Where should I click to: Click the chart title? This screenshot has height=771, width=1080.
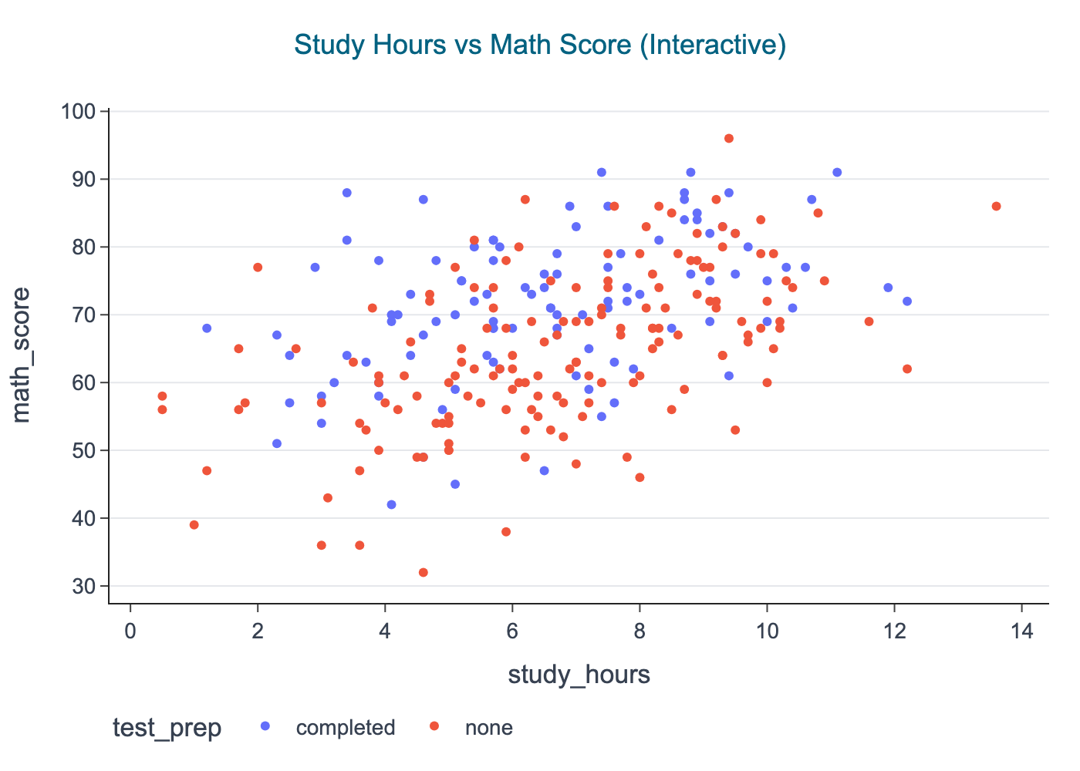[540, 45]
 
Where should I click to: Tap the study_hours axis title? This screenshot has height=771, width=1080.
[579, 675]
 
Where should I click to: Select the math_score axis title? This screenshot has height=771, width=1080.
[22, 355]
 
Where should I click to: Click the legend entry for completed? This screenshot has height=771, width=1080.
[346, 727]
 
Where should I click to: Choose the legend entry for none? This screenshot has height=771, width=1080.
[489, 727]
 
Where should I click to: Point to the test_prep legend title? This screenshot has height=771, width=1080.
[167, 727]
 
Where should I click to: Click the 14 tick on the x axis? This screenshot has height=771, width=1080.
[1021, 630]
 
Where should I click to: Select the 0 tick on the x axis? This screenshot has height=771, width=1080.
[130, 630]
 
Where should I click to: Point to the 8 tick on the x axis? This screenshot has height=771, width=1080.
[640, 630]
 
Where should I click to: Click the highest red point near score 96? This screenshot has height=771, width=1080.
[729, 139]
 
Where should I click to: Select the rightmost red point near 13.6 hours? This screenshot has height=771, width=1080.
[996, 207]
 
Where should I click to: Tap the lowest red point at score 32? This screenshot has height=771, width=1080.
[423, 573]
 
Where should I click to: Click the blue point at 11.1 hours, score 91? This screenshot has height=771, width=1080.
[837, 173]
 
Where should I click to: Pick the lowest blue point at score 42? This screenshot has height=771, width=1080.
[391, 505]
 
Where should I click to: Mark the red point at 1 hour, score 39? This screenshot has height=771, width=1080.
[194, 525]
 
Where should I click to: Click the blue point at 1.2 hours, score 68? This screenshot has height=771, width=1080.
[207, 328]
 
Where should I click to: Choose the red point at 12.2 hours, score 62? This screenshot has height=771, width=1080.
[907, 369]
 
